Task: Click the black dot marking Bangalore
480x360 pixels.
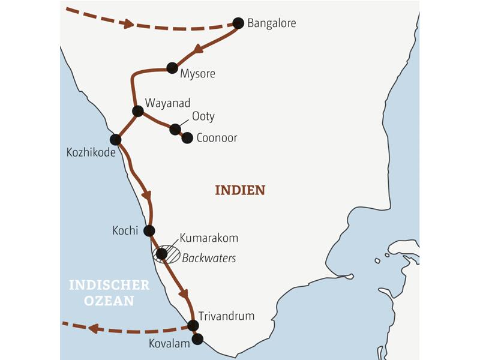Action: [x=238, y=23]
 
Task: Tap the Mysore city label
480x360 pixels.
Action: [x=197, y=74]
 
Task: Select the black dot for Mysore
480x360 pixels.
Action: [x=173, y=68]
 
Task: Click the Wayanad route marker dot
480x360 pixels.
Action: [x=138, y=111]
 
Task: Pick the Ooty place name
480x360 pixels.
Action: [x=203, y=116]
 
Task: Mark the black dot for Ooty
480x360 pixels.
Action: [x=175, y=129]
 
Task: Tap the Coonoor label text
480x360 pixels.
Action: [x=217, y=138]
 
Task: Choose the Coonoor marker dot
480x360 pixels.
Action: [x=187, y=138]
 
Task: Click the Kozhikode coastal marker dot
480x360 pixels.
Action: [x=116, y=140]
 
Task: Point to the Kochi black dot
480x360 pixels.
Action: [x=149, y=230]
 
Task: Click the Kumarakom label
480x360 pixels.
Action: [x=209, y=238]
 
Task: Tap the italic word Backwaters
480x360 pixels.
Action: [x=209, y=258]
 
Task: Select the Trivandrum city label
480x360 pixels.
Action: [x=227, y=316]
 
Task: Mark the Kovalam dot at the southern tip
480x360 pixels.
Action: [x=197, y=339]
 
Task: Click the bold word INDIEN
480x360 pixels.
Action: [x=240, y=190]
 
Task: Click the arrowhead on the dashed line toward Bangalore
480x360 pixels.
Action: [x=127, y=23]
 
